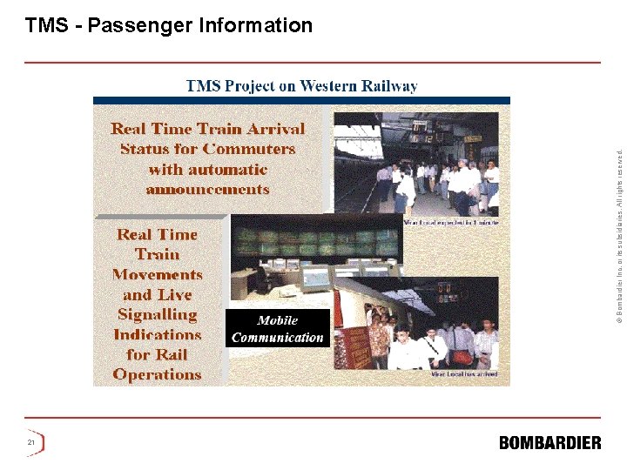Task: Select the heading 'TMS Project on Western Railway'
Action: [x=301, y=86]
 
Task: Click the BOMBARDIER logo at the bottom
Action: [x=549, y=443]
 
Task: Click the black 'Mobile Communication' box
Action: [x=277, y=329]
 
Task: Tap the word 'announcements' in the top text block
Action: [x=207, y=190]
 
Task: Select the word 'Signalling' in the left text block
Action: [x=157, y=315]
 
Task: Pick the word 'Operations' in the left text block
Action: [x=157, y=375]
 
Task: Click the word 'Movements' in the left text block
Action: [x=157, y=275]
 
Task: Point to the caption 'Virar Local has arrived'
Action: [x=464, y=375]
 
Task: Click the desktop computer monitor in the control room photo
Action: [x=315, y=277]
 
